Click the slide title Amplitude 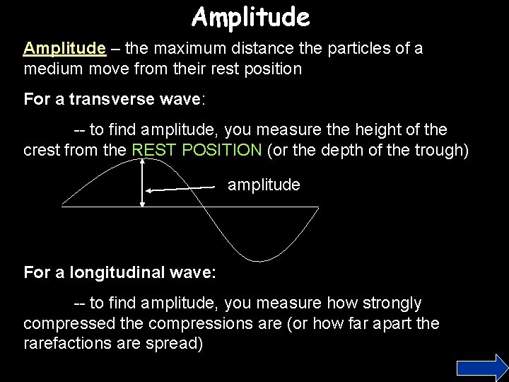point(250,17)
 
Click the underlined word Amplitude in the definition point(64,49)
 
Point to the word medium point(53,69)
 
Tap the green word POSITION point(228,149)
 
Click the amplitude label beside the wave point(264,185)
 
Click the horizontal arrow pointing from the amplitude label point(180,188)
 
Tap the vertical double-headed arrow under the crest point(143,183)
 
